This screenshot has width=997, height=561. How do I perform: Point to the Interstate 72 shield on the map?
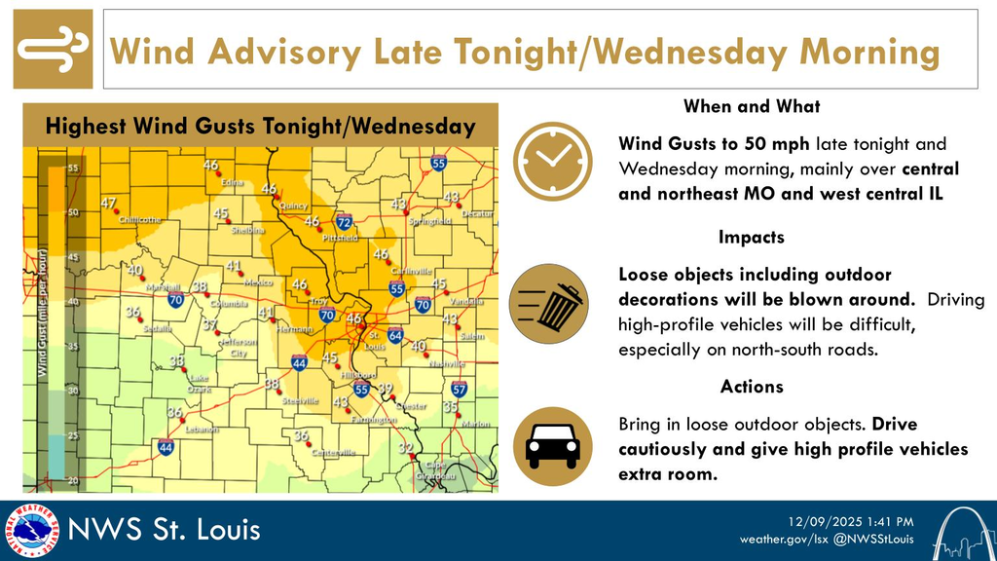[343, 223]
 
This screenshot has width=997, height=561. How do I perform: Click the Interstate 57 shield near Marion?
[460, 390]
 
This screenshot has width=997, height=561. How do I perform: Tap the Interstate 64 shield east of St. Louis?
[394, 336]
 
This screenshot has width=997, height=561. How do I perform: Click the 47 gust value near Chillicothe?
[109, 204]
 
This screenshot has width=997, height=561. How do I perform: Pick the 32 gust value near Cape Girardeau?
[406, 447]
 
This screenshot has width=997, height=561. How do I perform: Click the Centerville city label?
[334, 453]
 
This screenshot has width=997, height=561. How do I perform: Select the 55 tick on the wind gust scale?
[72, 168]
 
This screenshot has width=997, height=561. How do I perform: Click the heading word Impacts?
[751, 237]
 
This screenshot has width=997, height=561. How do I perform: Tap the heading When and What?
[751, 106]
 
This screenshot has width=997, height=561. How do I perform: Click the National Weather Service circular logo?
[30, 530]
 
